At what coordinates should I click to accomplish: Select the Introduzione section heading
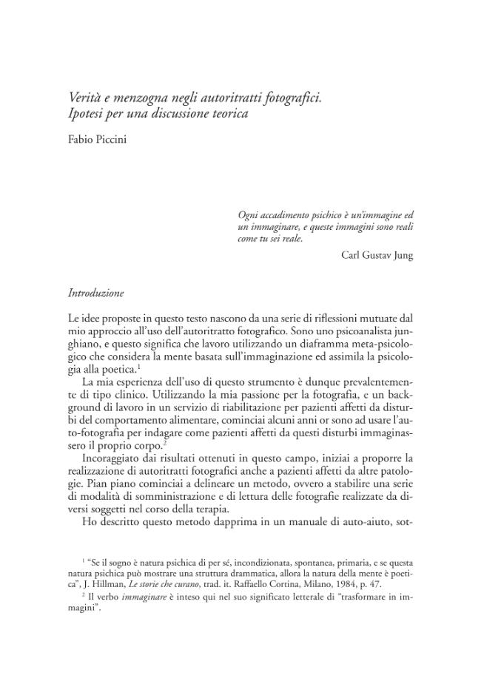pyautogui.click(x=95, y=293)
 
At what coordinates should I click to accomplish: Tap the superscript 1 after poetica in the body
pyautogui.click(x=139, y=367)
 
